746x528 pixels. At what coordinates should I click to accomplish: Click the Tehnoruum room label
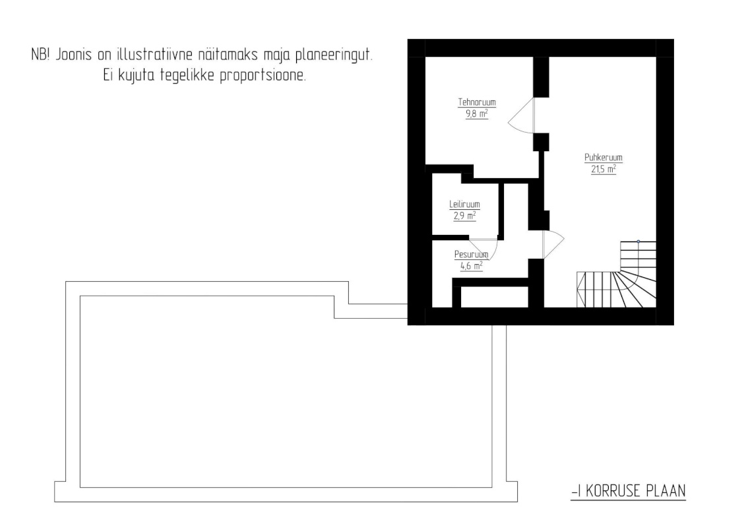click(477, 103)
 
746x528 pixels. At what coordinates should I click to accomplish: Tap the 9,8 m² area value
click(477, 114)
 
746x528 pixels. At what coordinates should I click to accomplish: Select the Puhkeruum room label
click(604, 158)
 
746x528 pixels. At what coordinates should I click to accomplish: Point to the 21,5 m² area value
click(604, 169)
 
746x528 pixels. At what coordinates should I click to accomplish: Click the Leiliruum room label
click(464, 205)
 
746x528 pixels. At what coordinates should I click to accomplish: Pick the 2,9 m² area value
click(464, 215)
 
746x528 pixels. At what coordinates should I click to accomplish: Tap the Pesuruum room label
click(471, 255)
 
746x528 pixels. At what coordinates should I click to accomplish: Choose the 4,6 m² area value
click(471, 265)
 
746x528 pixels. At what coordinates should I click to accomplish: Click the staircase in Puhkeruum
click(619, 277)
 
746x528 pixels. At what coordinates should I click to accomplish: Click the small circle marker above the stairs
click(638, 241)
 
